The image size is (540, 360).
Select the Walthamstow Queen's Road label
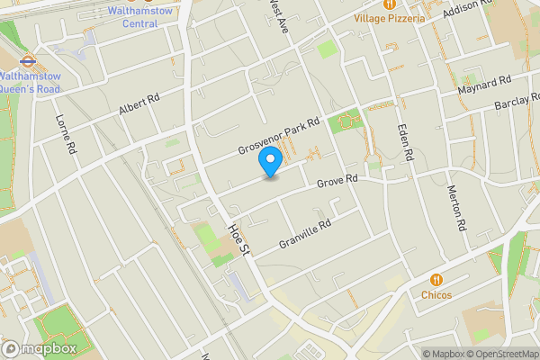[29, 84]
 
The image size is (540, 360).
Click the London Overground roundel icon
[27, 62]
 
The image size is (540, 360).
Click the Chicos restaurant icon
[436, 279]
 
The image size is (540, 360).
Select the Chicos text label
[436, 294]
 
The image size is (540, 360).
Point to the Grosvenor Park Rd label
[279, 136]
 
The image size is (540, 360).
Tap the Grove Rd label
[338, 183]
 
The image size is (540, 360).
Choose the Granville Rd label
[306, 232]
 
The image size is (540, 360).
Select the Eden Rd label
[406, 141]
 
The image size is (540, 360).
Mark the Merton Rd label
[458, 209]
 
